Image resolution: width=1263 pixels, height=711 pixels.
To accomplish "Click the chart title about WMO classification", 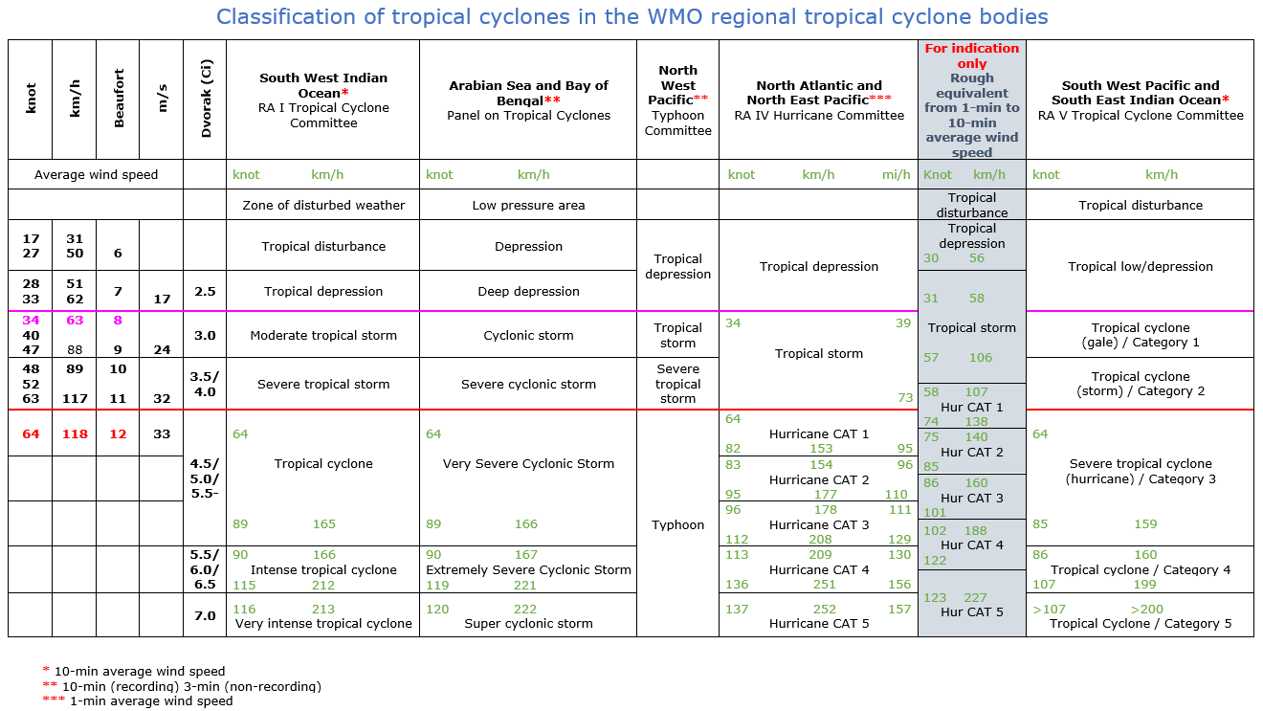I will [631, 16].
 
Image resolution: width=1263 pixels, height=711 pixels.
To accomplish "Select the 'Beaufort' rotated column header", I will [119, 99].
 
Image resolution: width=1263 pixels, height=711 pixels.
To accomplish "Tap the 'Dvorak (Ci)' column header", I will [206, 100].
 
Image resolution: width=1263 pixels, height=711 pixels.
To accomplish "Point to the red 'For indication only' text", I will [971, 56].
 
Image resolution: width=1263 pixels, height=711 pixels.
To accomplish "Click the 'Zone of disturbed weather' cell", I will [323, 205].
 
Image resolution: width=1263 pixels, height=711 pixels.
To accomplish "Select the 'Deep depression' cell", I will [528, 292].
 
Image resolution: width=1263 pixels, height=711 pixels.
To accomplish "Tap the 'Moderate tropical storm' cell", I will [323, 336].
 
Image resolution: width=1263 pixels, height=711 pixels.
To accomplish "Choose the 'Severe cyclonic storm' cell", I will [528, 385].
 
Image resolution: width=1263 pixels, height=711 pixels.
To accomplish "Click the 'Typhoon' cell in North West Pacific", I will [677, 525].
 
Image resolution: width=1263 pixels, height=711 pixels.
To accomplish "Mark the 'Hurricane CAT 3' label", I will [819, 524].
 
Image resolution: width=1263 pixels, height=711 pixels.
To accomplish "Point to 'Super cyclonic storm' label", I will [528, 624].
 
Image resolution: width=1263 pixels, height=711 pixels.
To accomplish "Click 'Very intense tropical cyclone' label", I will [323, 624].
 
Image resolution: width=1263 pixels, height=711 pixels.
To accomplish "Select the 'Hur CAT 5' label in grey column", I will [971, 612].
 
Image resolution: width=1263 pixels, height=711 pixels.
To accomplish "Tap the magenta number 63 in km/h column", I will [75, 322].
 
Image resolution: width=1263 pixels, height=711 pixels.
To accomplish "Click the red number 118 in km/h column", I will [75, 434].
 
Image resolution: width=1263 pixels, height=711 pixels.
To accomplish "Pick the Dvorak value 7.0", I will [205, 616].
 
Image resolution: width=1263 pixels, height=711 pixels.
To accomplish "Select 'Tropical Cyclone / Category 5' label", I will [1140, 624].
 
